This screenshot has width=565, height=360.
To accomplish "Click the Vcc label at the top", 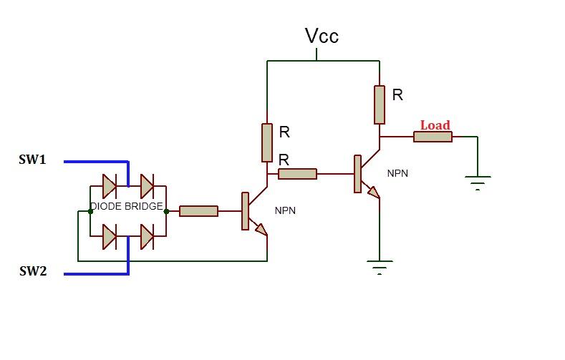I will pyautogui.click(x=322, y=36).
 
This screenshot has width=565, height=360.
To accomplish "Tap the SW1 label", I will pyautogui.click(x=32, y=160).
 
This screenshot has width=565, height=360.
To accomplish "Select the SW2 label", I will pyautogui.click(x=32, y=271).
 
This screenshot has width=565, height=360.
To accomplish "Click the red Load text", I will pyautogui.click(x=435, y=125).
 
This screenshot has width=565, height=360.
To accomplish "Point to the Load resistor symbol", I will pyautogui.click(x=433, y=137).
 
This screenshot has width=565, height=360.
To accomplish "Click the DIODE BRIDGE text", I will pyautogui.click(x=126, y=207).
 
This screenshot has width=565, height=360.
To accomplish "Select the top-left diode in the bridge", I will pyautogui.click(x=110, y=186).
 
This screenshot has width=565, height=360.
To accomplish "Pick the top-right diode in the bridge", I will pyautogui.click(x=147, y=186).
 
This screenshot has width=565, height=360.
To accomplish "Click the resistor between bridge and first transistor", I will pyautogui.click(x=198, y=211).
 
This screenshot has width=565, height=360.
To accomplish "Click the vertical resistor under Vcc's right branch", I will pyautogui.click(x=380, y=104).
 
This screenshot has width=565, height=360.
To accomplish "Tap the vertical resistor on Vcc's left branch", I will pyautogui.click(x=267, y=142).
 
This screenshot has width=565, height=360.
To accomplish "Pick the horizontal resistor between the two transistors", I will pyautogui.click(x=297, y=173).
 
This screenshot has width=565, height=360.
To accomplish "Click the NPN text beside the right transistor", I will pyautogui.click(x=398, y=174).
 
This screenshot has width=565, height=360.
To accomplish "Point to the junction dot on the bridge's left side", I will pyautogui.click(x=90, y=211).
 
